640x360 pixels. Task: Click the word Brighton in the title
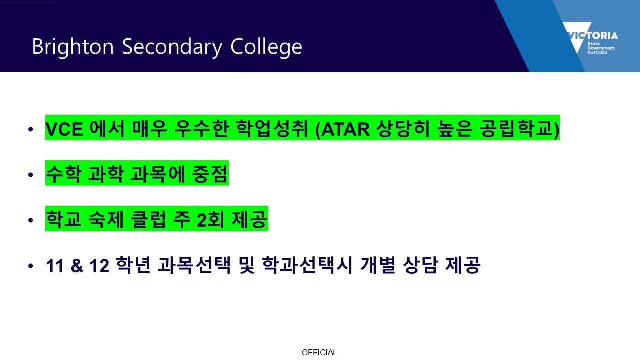73,47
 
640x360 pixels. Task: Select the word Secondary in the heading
172,47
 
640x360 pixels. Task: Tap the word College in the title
266,46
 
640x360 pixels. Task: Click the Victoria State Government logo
590,38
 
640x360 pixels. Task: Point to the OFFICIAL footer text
319,352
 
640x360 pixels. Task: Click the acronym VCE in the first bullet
64,129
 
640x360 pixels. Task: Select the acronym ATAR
345,129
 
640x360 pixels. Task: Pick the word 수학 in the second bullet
64,173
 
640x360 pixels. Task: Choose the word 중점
210,173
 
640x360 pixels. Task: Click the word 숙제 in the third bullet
106,219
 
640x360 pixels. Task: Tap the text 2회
210,219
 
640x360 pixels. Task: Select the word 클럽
148,219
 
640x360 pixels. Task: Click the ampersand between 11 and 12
77,265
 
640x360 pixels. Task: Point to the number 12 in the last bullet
99,265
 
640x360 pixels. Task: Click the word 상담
420,265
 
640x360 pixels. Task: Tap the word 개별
378,265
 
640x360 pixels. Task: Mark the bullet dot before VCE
31,129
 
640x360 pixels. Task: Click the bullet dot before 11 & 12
31,266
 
